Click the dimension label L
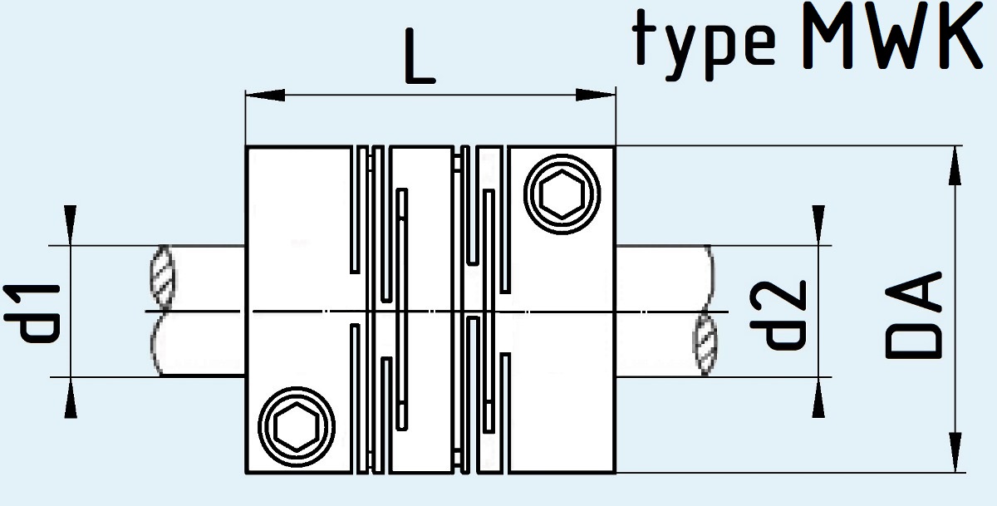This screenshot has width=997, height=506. pos(420,56)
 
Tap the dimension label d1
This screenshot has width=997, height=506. pos(32,313)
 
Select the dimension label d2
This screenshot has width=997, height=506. pos(778,314)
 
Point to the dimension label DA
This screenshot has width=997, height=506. pos(913,315)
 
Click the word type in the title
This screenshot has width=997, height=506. pos(704,45)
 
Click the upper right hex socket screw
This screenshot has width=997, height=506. pos(562,194)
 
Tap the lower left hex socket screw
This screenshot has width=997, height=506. pos(297,427)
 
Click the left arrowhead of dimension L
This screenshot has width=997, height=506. pos(266,95)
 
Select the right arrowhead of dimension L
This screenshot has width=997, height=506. pos(596,95)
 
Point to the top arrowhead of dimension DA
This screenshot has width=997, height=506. pos(955,165)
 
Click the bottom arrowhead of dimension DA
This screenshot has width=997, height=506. pos(955,452)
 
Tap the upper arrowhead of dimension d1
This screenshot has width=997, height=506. pos(71,225)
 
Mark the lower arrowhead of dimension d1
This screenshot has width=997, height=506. pos(71,397)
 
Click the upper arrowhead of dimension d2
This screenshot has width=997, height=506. pos(818,225)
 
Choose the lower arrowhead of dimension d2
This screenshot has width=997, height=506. pos(818,397)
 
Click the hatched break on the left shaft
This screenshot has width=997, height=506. pos(163,276)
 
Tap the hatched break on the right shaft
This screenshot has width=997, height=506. pos(705,343)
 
